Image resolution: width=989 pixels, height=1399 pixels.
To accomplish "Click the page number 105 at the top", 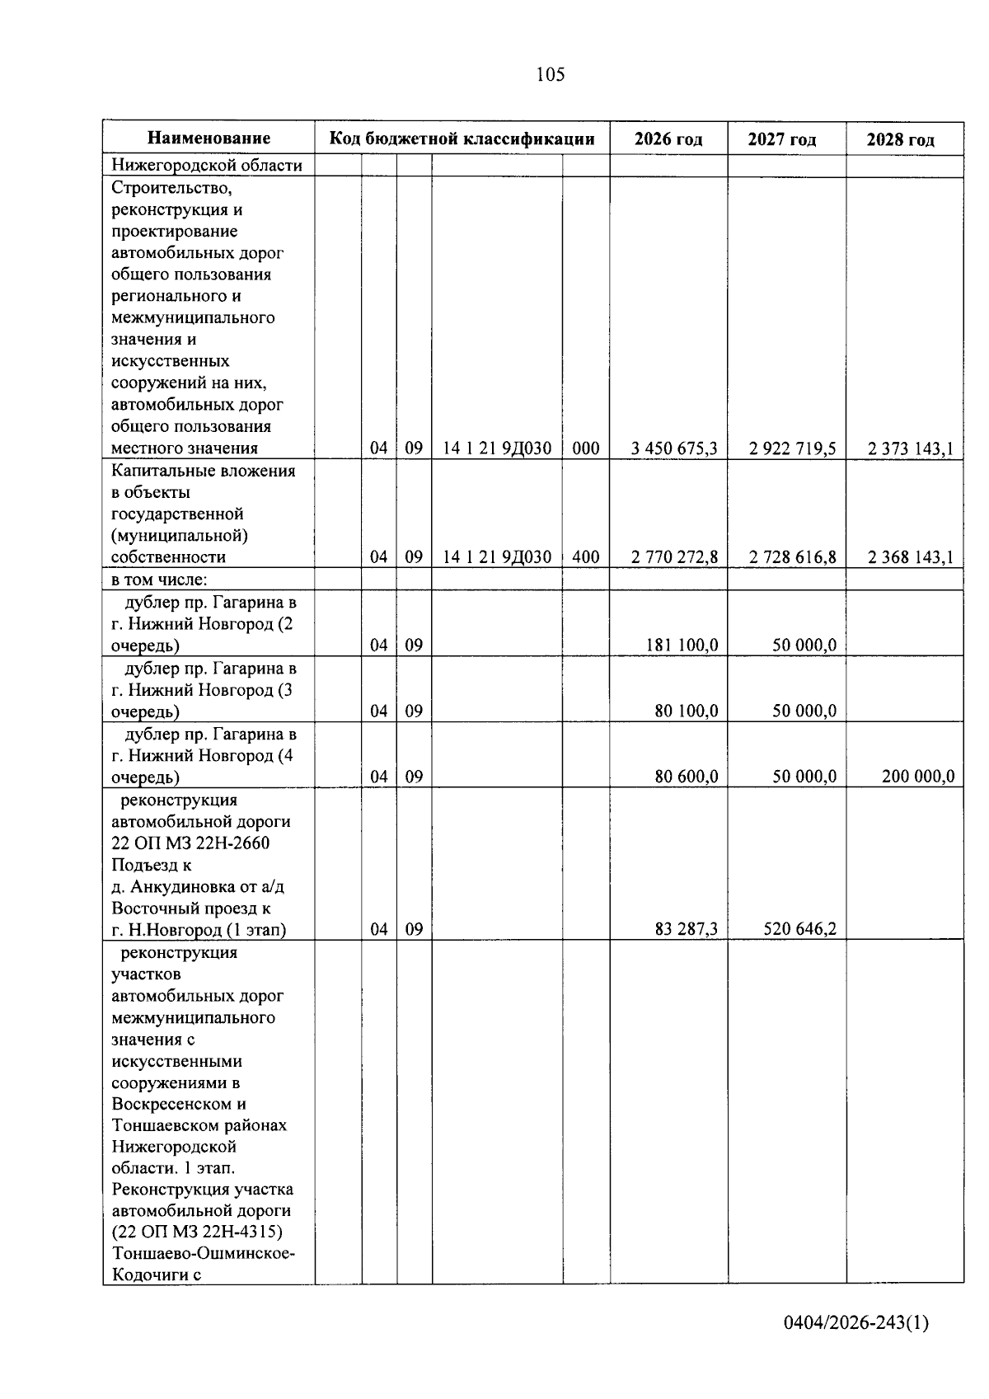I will pos(550,75).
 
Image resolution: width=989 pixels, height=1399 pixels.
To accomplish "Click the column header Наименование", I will pos(209,138).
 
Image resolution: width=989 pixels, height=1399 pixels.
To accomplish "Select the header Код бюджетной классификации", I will pos(462,138).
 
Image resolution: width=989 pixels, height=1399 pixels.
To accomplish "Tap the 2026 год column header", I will pos(668,139).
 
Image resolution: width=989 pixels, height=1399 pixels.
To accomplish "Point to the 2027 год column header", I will pos(781,139).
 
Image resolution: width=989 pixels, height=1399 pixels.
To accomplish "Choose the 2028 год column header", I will pos(900,139).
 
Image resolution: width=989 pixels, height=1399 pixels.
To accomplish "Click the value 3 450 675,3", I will pos(674,448).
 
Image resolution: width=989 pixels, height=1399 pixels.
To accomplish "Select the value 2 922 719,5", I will pos(792,448).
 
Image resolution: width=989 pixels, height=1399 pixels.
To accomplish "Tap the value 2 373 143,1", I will pos(910,448).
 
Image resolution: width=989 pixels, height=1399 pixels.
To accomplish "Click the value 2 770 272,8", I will pos(674,557).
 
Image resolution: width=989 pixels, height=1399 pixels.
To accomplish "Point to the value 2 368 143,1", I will pos(910,557).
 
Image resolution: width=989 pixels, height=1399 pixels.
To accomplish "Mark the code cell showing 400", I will pos(585,557).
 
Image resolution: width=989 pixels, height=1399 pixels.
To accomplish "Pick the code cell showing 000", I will pos(585,448).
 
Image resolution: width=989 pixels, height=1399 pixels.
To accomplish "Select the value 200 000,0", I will pos(917,776).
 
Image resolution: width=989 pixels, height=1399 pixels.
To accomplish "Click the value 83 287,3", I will pos(686,929).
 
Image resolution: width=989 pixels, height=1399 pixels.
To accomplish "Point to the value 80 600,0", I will pos(686,776).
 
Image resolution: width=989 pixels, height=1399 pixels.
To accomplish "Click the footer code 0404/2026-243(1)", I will pos(855,1323).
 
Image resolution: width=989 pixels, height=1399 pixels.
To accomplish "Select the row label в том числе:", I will pos(158,580).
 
